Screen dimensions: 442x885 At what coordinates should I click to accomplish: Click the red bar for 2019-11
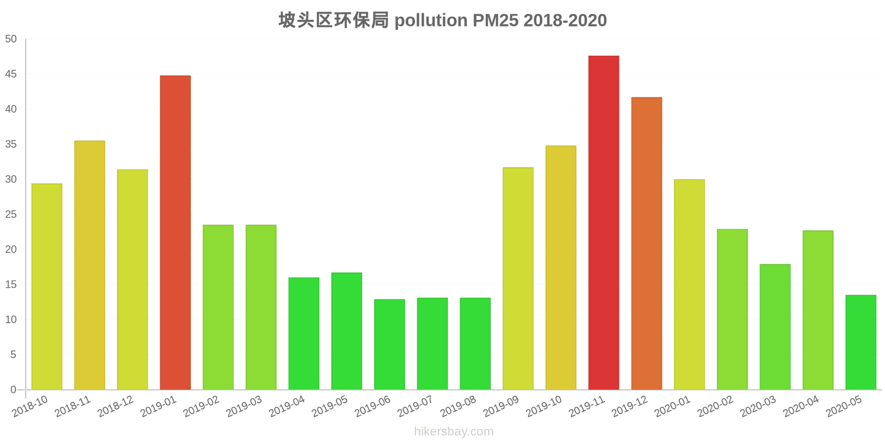pyautogui.click(x=603, y=223)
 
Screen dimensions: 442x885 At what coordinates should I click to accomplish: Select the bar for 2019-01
pyautogui.click(x=175, y=233)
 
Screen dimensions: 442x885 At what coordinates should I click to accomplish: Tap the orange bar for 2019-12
pyautogui.click(x=647, y=244)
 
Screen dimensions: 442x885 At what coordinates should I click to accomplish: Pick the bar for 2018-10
pyautogui.click(x=47, y=287)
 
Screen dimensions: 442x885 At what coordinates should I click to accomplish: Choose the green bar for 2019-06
pyautogui.click(x=389, y=344)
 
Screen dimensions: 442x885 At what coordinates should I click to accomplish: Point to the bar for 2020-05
pyautogui.click(x=861, y=343)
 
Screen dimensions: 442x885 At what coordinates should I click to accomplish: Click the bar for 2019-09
pyautogui.click(x=518, y=278)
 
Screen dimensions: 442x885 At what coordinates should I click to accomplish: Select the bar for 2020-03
pyautogui.click(x=775, y=327)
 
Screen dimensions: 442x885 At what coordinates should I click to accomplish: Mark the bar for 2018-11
pyautogui.click(x=90, y=265)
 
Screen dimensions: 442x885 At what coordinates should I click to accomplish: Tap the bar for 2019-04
pyautogui.click(x=304, y=334)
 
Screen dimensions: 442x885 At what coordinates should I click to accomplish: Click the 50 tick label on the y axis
pyautogui.click(x=11, y=39)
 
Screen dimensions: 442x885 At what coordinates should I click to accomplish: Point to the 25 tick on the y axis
pyautogui.click(x=11, y=214)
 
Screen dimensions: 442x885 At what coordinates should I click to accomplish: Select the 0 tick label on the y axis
pyautogui.click(x=13, y=390)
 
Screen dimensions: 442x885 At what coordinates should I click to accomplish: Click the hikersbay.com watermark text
pyautogui.click(x=454, y=432)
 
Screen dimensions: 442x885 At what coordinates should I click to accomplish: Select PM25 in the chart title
pyautogui.click(x=495, y=20)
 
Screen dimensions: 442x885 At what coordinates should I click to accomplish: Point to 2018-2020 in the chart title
pyautogui.click(x=565, y=20)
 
